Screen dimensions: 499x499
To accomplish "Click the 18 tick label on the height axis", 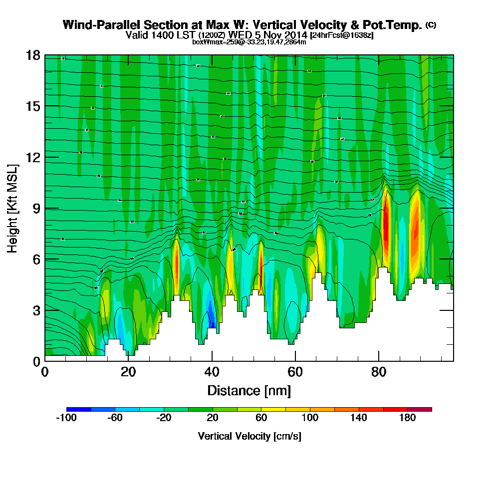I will [x=33, y=55].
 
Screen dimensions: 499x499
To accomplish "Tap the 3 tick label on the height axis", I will [x=36, y=310].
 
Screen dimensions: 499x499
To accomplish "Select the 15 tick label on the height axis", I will [x=33, y=106].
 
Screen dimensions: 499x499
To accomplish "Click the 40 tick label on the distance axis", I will [x=212, y=372].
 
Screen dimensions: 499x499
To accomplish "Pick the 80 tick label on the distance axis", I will [x=379, y=372].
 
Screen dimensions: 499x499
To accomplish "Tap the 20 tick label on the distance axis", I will [x=128, y=372].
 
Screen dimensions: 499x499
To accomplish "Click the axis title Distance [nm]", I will [x=249, y=390].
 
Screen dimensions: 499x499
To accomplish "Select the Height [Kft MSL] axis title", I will [x=13, y=208].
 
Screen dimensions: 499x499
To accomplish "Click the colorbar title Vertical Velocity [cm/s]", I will [x=249, y=436].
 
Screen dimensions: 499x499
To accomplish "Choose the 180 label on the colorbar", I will [x=407, y=418].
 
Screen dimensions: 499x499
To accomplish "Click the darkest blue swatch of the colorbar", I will [x=78, y=409].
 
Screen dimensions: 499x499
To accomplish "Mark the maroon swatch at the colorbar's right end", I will [x=420, y=409].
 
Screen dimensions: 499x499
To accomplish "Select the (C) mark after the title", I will [x=431, y=25].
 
